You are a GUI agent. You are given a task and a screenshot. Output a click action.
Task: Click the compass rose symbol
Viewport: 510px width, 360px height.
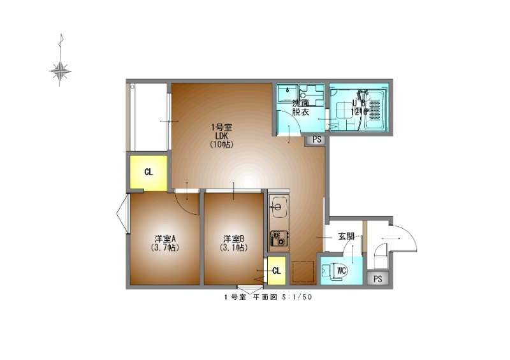click(60, 71)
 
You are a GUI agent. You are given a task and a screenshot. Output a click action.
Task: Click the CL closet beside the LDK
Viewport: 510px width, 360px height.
click(149, 171)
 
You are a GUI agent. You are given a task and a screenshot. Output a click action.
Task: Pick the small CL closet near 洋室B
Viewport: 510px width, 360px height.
click(276, 271)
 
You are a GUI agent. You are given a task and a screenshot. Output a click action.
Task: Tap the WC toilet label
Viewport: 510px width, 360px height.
click(340, 271)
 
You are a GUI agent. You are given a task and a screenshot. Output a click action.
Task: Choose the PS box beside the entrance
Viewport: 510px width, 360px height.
click(378, 278)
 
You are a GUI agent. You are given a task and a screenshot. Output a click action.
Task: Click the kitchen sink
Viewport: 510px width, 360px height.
click(279, 207)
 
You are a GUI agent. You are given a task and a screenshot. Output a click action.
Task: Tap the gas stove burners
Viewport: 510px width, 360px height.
click(279, 238)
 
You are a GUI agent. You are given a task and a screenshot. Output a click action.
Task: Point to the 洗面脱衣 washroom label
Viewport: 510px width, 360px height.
click(300, 108)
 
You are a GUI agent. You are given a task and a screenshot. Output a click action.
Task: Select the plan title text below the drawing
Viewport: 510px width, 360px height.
click(267, 297)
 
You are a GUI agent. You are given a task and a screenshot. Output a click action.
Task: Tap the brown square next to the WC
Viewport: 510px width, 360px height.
click(303, 272)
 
